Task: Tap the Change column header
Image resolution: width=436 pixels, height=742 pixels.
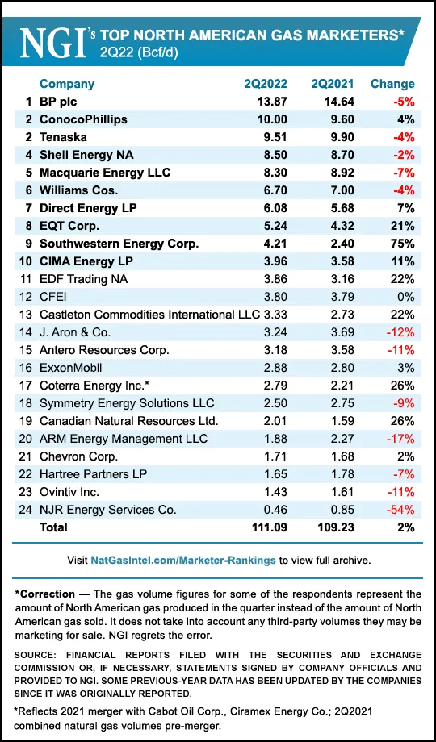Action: tap(392, 84)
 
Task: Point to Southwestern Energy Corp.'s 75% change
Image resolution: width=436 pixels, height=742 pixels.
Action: tap(401, 244)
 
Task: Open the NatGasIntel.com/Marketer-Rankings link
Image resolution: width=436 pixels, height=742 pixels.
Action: tap(201, 559)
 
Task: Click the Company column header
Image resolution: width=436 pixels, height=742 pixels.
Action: tap(67, 84)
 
